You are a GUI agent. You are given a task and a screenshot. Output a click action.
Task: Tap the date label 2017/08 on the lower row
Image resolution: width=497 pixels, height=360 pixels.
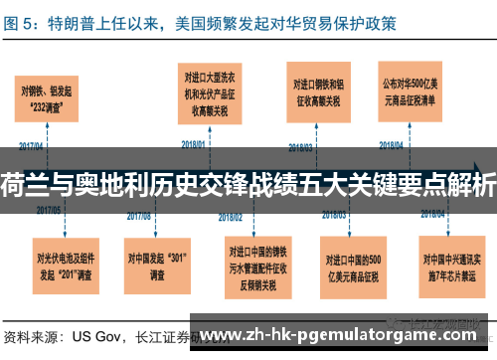[141, 212]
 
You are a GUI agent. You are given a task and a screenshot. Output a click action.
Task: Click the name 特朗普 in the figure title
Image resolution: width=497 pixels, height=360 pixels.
[82, 21]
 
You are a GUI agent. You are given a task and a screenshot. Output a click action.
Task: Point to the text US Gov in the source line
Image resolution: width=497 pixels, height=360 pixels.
[95, 335]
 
